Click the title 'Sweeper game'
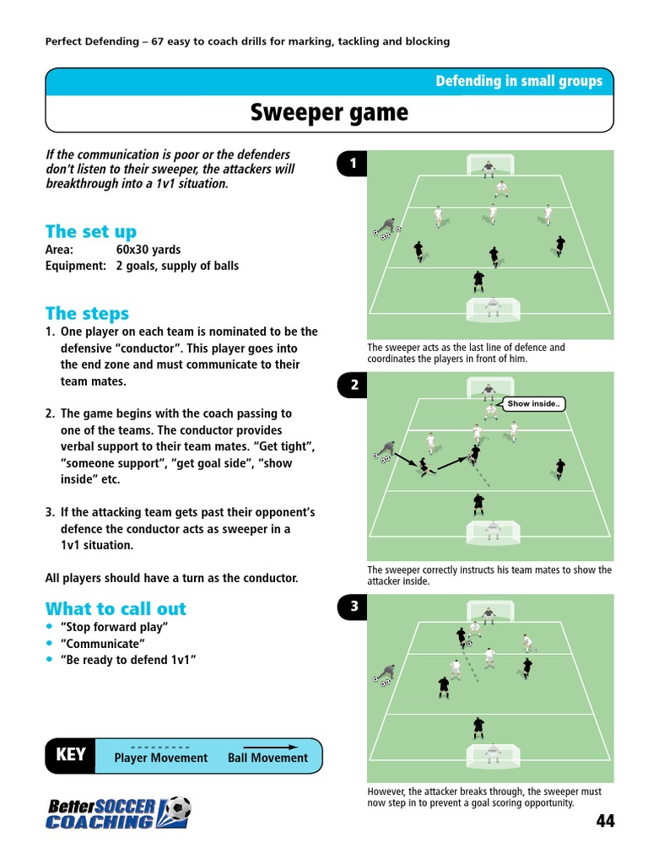click(x=329, y=113)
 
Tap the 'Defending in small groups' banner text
click(x=518, y=81)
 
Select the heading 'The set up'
click(x=90, y=231)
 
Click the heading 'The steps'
click(x=87, y=314)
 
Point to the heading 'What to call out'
click(x=116, y=608)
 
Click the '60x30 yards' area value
click(x=148, y=250)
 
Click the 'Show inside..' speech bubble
click(x=532, y=404)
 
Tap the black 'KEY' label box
click(x=70, y=755)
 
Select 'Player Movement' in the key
click(x=160, y=758)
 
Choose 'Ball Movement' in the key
click(x=267, y=758)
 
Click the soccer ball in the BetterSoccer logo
click(x=178, y=810)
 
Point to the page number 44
click(x=605, y=821)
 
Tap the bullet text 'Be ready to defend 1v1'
click(x=128, y=660)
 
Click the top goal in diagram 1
click(x=489, y=164)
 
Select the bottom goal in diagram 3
click(x=491, y=751)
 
